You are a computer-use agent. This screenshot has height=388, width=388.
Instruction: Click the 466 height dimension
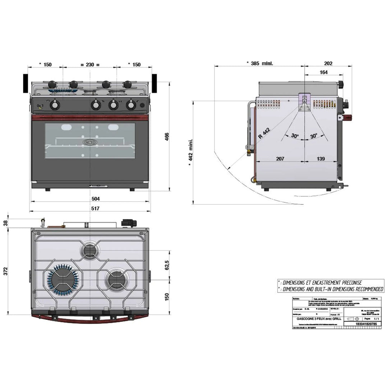(167, 137)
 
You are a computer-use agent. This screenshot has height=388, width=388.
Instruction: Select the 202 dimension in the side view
(328, 63)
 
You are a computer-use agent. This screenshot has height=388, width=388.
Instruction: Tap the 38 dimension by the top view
(5, 223)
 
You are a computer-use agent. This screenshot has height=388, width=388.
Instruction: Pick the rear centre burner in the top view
(89, 250)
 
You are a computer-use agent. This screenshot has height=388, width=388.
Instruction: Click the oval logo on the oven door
(89, 142)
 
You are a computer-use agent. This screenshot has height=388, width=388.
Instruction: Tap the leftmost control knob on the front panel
(55, 105)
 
